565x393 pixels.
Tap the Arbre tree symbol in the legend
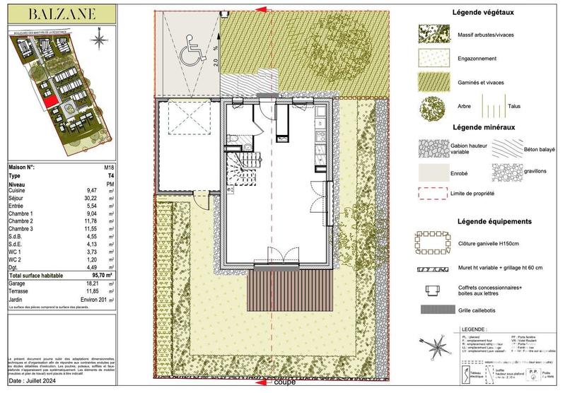432,110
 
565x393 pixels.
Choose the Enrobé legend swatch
432,171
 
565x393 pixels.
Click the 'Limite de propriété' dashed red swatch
432,193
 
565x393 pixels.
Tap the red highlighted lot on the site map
49,102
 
